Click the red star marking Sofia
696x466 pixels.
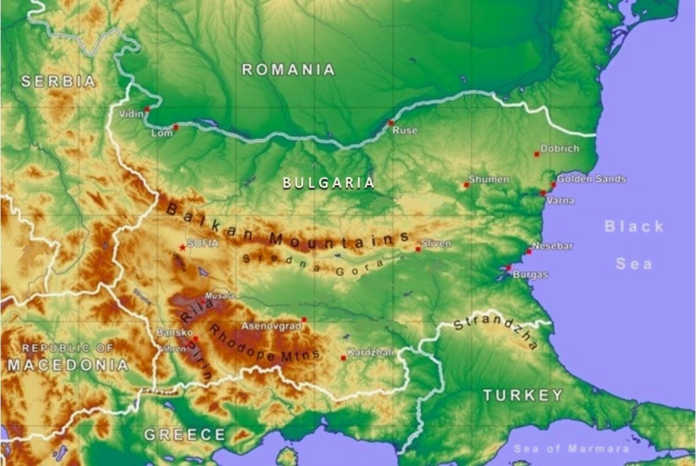click(x=182, y=247)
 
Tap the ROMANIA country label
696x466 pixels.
click(x=288, y=69)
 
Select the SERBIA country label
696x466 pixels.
click(x=59, y=82)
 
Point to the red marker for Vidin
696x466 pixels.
click(x=147, y=109)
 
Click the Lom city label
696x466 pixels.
click(x=162, y=133)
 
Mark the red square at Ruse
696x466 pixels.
click(x=390, y=122)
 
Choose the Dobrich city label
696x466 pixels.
click(x=560, y=149)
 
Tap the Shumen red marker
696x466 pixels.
click(x=466, y=184)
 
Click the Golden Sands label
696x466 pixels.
click(x=591, y=178)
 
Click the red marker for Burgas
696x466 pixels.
click(x=508, y=267)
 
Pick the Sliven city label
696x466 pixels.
click(x=436, y=244)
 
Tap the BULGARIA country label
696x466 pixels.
click(x=328, y=183)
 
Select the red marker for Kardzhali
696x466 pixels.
click(x=343, y=358)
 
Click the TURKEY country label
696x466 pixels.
click(x=523, y=395)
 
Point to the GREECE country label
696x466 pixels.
click(x=185, y=434)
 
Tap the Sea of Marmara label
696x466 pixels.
click(x=571, y=449)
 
